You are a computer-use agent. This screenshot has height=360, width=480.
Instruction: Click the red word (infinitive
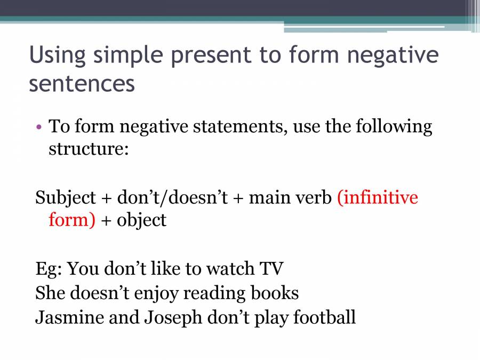tap(378, 197)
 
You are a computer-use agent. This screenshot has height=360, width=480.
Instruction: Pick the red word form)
tap(72, 219)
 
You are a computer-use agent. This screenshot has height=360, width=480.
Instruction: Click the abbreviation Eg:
tap(49, 268)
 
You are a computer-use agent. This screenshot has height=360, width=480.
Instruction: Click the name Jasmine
tap(69, 317)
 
